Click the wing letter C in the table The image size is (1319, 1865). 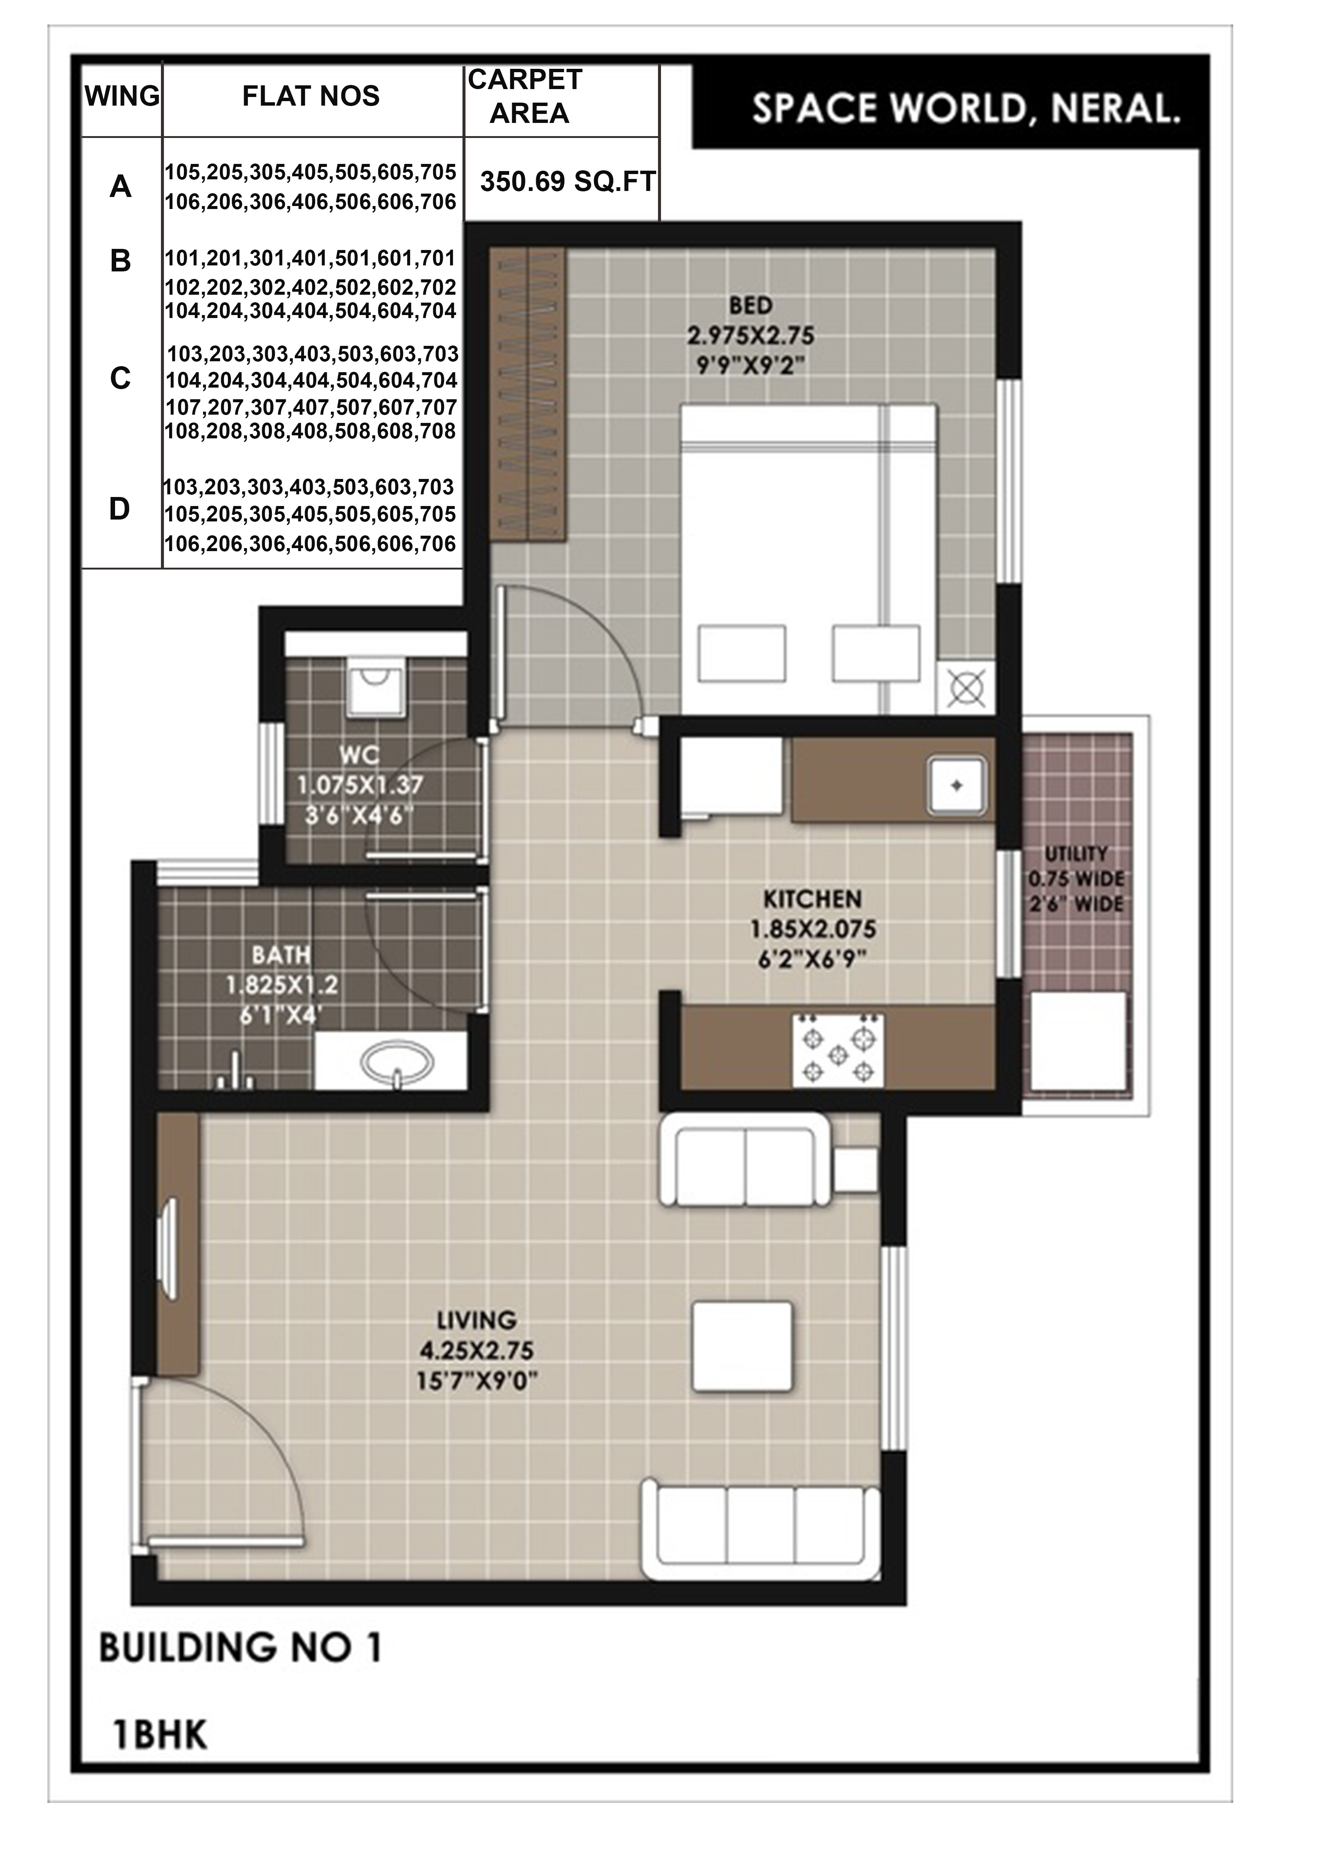[120, 379]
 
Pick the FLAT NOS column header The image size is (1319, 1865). [311, 96]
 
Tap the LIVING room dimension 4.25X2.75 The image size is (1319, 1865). [477, 1350]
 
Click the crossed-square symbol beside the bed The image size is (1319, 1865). [967, 689]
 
